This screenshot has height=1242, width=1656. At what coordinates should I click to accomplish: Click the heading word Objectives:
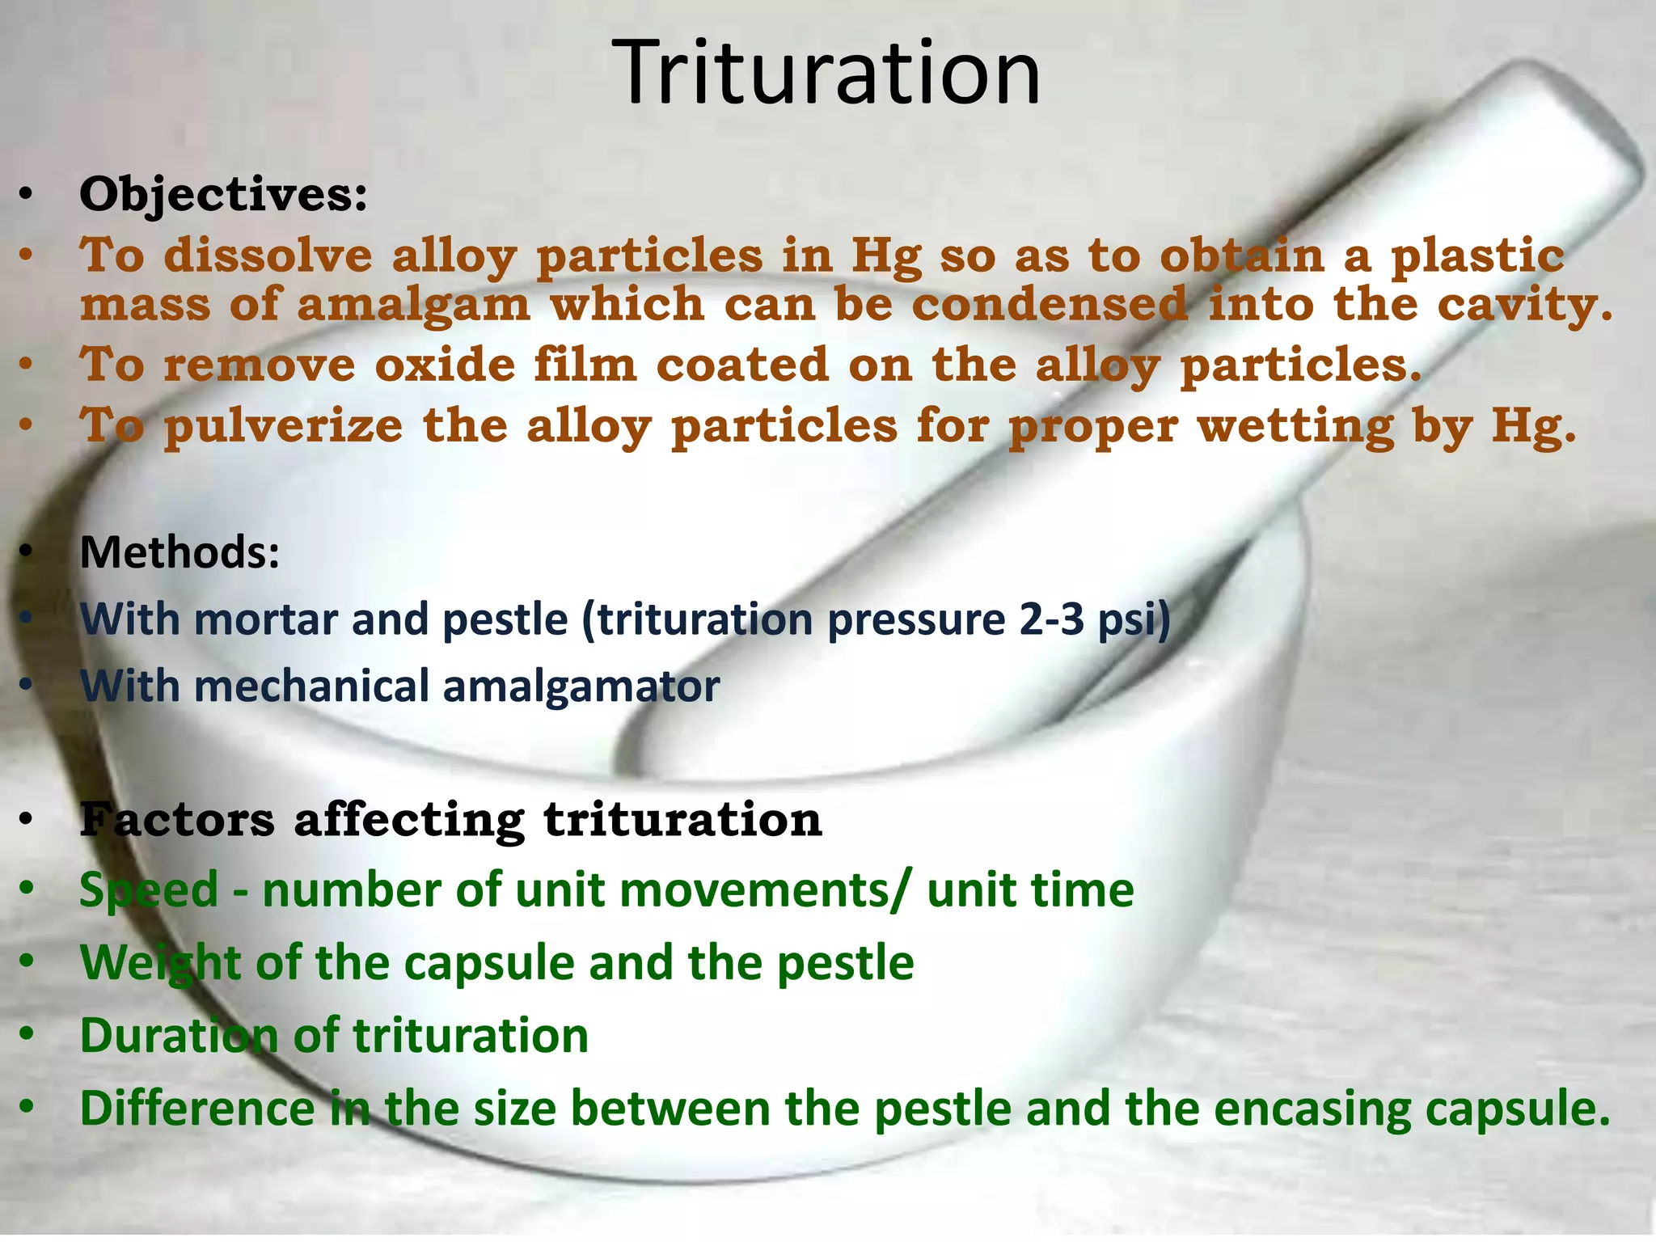click(223, 195)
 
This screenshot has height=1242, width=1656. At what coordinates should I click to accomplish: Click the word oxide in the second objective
click(445, 365)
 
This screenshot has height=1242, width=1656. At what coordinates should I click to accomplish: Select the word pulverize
click(283, 426)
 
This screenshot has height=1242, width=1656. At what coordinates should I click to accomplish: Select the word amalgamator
click(581, 687)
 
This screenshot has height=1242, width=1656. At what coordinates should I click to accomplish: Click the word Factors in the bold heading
click(177, 819)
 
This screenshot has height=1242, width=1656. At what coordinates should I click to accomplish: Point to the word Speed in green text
click(149, 890)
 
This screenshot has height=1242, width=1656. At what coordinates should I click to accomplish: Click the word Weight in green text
click(149, 964)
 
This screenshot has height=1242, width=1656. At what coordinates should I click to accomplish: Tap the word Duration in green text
click(178, 1036)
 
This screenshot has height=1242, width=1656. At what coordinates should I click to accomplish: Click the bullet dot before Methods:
click(27, 552)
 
